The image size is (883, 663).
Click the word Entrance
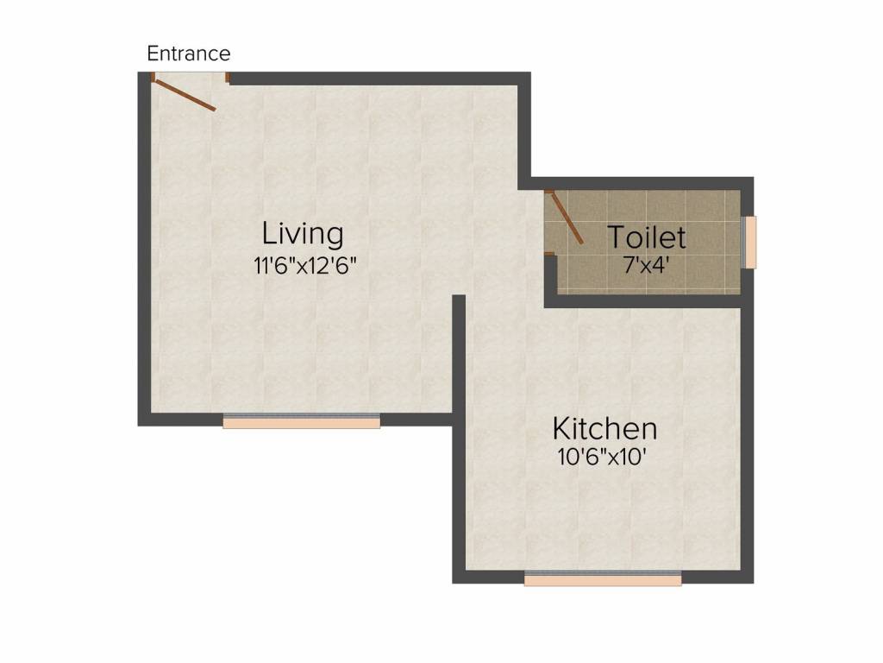pos(189,54)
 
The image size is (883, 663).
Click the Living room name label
pos(303,233)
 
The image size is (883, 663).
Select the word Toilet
pos(647,237)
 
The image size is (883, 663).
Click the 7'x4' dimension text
pos(647,265)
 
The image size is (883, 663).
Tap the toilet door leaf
pos(566,218)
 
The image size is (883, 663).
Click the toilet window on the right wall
pos(750,242)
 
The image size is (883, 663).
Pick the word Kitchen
pos(604,428)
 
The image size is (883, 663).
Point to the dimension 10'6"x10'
pos(602,458)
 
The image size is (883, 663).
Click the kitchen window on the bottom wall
pos(602,578)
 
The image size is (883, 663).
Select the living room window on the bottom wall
pos(301,421)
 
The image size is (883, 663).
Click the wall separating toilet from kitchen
pos(647,300)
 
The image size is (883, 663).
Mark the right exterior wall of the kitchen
pos(748,432)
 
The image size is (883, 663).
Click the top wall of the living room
pos(379,79)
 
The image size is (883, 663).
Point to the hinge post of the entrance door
pos(153,78)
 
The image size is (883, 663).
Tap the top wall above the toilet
pos(647,183)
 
